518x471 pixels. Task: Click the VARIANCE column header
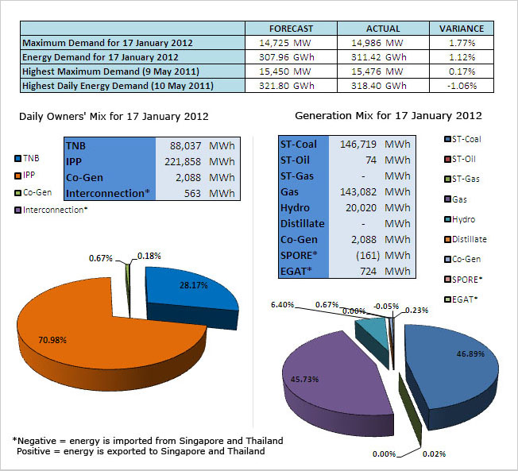coord(461,29)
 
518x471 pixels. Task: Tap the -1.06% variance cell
coord(461,86)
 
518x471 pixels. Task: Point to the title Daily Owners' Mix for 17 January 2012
coord(114,116)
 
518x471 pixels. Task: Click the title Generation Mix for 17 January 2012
coord(388,116)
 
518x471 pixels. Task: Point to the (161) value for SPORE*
coord(367,255)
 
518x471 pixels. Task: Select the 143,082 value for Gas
coord(358,192)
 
